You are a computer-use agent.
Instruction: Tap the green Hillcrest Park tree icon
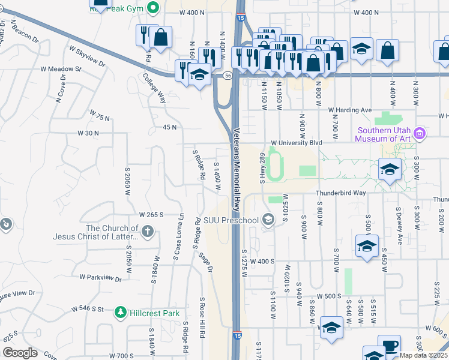(x=121, y=313)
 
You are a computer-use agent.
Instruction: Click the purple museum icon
(x=420, y=133)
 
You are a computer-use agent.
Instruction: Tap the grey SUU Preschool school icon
(x=268, y=220)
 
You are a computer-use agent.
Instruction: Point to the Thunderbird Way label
(x=341, y=193)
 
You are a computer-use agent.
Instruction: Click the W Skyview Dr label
(x=87, y=56)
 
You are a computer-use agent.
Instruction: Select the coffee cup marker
(x=390, y=345)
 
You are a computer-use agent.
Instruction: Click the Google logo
(x=19, y=353)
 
